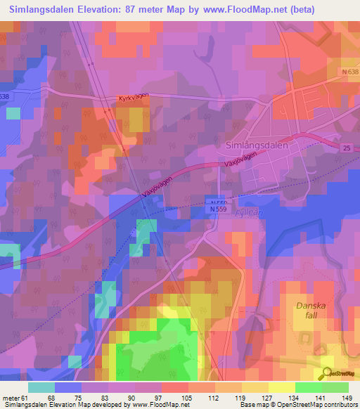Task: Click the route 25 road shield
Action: (347, 148)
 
